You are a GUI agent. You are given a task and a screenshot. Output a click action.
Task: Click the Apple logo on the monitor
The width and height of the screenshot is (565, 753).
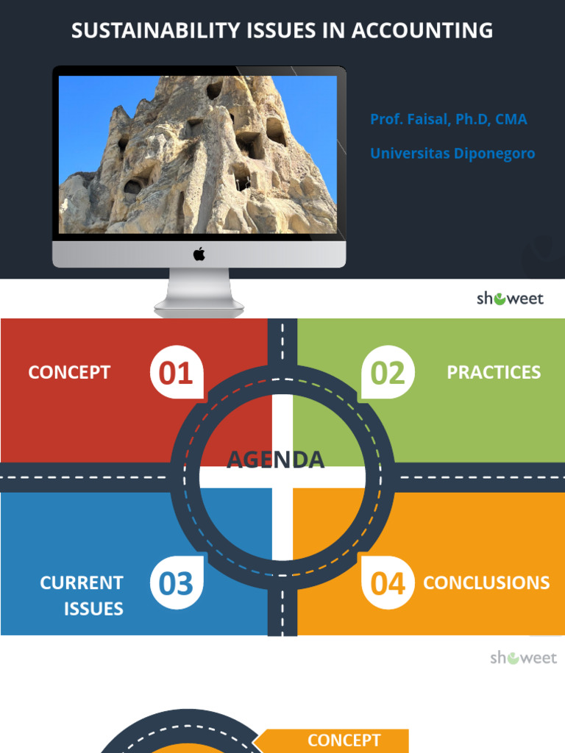click(199, 254)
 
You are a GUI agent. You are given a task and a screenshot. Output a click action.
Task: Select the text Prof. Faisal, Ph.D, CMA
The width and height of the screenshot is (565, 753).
click(448, 119)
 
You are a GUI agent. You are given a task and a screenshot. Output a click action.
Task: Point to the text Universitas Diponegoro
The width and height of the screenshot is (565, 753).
click(452, 154)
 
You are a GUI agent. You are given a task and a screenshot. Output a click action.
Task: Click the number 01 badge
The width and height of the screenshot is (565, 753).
click(176, 373)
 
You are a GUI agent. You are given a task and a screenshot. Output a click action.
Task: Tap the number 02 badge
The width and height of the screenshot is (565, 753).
click(388, 373)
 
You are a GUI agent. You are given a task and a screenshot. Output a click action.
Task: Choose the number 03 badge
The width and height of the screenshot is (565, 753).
click(176, 583)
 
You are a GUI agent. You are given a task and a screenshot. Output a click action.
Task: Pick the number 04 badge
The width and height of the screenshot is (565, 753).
click(388, 583)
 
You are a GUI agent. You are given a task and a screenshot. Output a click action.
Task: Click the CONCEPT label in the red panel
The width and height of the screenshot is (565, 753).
click(69, 372)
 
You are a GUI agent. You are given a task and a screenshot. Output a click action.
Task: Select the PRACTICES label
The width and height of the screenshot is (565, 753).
click(494, 372)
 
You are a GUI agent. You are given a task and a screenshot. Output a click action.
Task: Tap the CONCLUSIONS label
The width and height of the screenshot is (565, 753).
click(486, 582)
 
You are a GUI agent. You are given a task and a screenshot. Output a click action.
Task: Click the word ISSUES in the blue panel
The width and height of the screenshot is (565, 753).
click(93, 609)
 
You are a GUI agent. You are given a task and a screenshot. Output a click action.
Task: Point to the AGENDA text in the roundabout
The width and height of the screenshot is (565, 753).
click(275, 460)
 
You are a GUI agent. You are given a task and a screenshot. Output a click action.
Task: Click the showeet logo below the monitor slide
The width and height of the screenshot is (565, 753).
click(510, 299)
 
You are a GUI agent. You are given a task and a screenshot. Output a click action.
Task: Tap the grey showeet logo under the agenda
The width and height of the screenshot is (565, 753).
click(524, 657)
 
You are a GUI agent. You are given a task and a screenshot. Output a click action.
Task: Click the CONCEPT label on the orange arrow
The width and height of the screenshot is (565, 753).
click(344, 740)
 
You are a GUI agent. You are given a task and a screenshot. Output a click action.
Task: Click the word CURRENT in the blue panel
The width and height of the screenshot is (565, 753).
click(82, 583)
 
